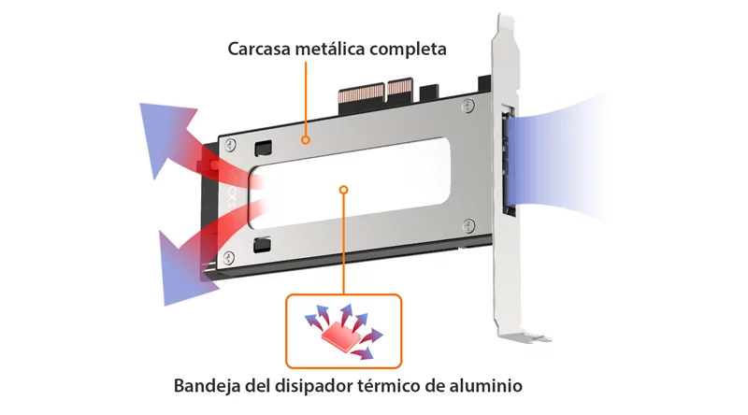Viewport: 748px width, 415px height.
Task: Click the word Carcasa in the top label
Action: [259, 50]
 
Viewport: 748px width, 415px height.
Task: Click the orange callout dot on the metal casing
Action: [306, 140]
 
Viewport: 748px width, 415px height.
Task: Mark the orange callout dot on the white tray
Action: [343, 190]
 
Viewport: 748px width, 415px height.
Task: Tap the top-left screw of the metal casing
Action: [230, 145]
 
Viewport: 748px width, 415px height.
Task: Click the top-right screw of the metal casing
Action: [469, 106]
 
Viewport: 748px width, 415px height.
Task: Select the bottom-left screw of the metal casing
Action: [229, 258]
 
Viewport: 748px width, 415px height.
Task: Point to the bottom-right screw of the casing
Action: [469, 225]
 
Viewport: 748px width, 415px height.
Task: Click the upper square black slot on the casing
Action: [263, 149]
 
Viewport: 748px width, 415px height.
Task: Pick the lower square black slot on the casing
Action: [262, 245]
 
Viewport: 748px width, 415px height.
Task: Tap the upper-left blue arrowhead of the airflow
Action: [165, 135]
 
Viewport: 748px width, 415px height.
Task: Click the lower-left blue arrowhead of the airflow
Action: [183, 269]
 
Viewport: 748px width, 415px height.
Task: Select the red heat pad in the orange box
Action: [340, 336]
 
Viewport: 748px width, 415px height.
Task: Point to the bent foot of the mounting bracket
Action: [525, 336]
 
